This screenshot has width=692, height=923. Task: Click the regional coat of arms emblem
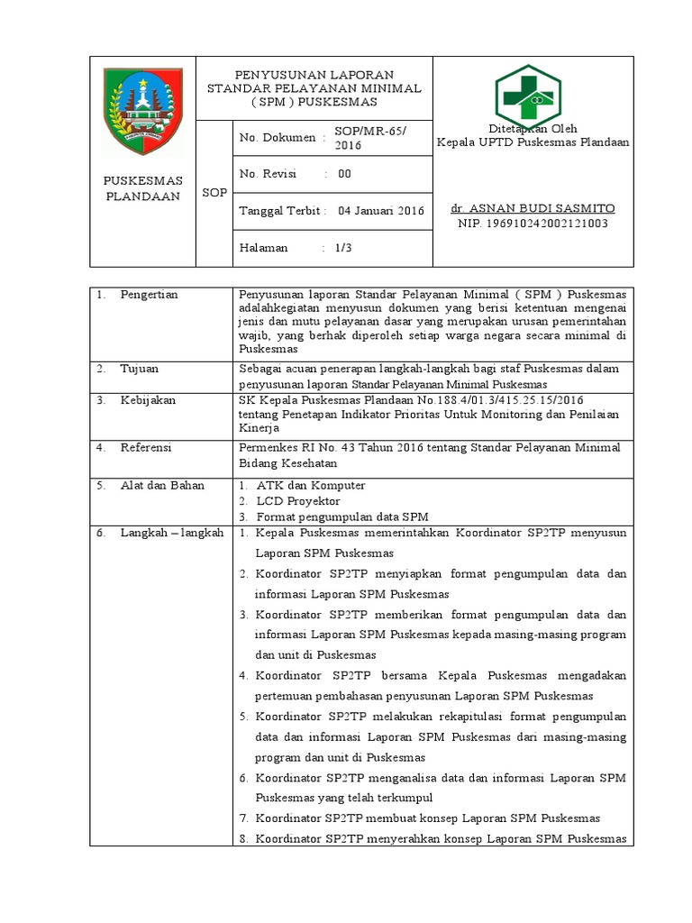click(x=142, y=109)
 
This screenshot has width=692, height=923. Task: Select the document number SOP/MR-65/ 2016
click(x=370, y=137)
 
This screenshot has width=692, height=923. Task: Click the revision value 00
click(x=344, y=174)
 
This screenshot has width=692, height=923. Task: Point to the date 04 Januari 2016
click(x=380, y=211)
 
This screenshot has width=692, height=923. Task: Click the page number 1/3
click(x=341, y=247)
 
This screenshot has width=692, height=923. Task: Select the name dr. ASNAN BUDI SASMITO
click(x=533, y=208)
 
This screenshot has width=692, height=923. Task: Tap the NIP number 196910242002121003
click(x=533, y=224)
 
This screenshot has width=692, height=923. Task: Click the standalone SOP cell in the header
click(x=214, y=193)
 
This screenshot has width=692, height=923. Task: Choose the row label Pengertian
click(x=149, y=295)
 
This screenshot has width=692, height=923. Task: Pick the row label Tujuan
click(x=140, y=368)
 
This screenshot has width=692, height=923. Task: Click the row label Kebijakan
click(x=148, y=399)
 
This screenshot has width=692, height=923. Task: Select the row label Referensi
click(x=146, y=447)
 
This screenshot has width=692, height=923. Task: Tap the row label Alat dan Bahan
click(x=162, y=485)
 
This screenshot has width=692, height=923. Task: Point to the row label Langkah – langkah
click(x=171, y=533)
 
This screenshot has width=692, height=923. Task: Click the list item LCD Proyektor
click(x=298, y=500)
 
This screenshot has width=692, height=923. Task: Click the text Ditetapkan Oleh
click(x=532, y=128)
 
